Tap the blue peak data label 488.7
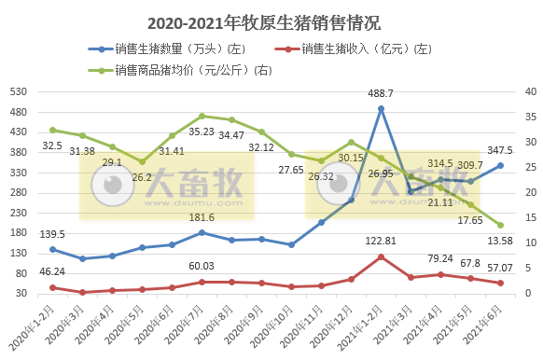tap(381, 93)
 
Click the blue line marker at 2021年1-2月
tap(381, 108)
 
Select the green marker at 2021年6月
tap(500, 225)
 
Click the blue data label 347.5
tap(500, 150)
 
